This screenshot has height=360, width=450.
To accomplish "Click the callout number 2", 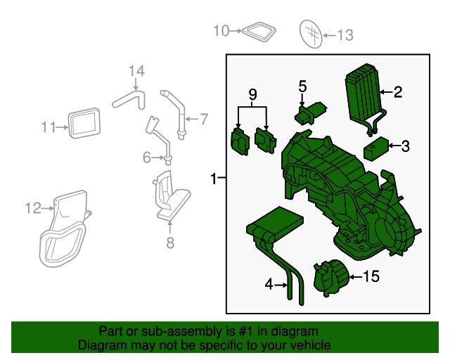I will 398,91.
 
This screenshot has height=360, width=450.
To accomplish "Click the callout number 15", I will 370,277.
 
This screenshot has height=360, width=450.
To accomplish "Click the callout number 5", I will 302,86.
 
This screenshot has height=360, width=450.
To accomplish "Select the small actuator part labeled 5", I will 310,112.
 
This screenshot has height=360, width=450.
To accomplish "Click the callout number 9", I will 252,94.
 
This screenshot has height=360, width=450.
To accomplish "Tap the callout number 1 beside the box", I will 214,180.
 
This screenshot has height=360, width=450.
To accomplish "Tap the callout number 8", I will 169,243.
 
